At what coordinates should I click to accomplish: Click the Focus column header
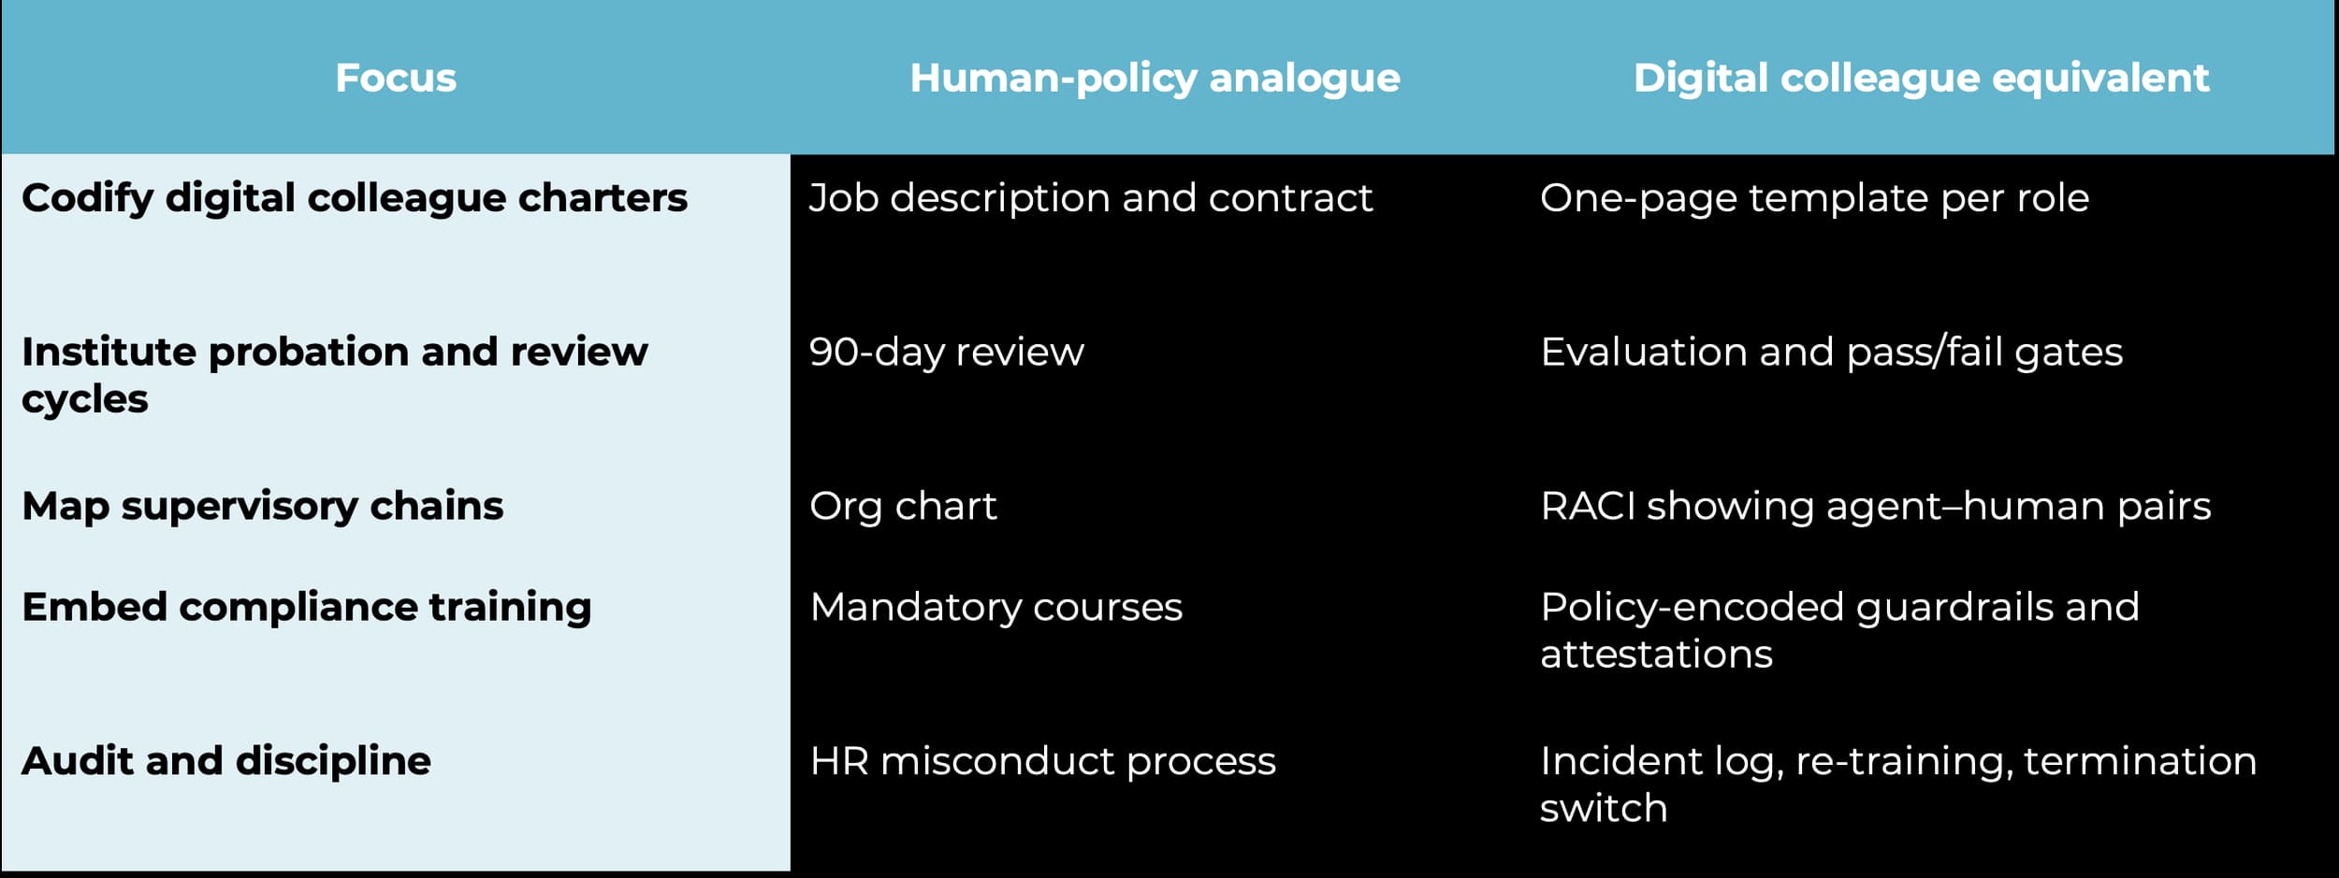pyautogui.click(x=396, y=78)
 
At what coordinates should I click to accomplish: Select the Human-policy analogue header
pyautogui.click(x=1155, y=79)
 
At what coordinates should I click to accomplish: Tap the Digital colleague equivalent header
pyautogui.click(x=1921, y=79)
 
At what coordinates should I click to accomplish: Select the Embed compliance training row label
pyautogui.click(x=306, y=608)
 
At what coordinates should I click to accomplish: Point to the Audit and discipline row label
pyautogui.click(x=226, y=761)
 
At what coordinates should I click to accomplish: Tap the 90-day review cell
pyautogui.click(x=946, y=353)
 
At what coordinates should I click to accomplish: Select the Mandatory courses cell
pyautogui.click(x=995, y=608)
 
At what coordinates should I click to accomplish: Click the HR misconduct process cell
pyautogui.click(x=1042, y=761)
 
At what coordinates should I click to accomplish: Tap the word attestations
pyautogui.click(x=1656, y=655)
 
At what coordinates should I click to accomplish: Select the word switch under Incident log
pyautogui.click(x=1604, y=808)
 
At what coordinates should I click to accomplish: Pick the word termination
pyautogui.click(x=2141, y=761)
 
